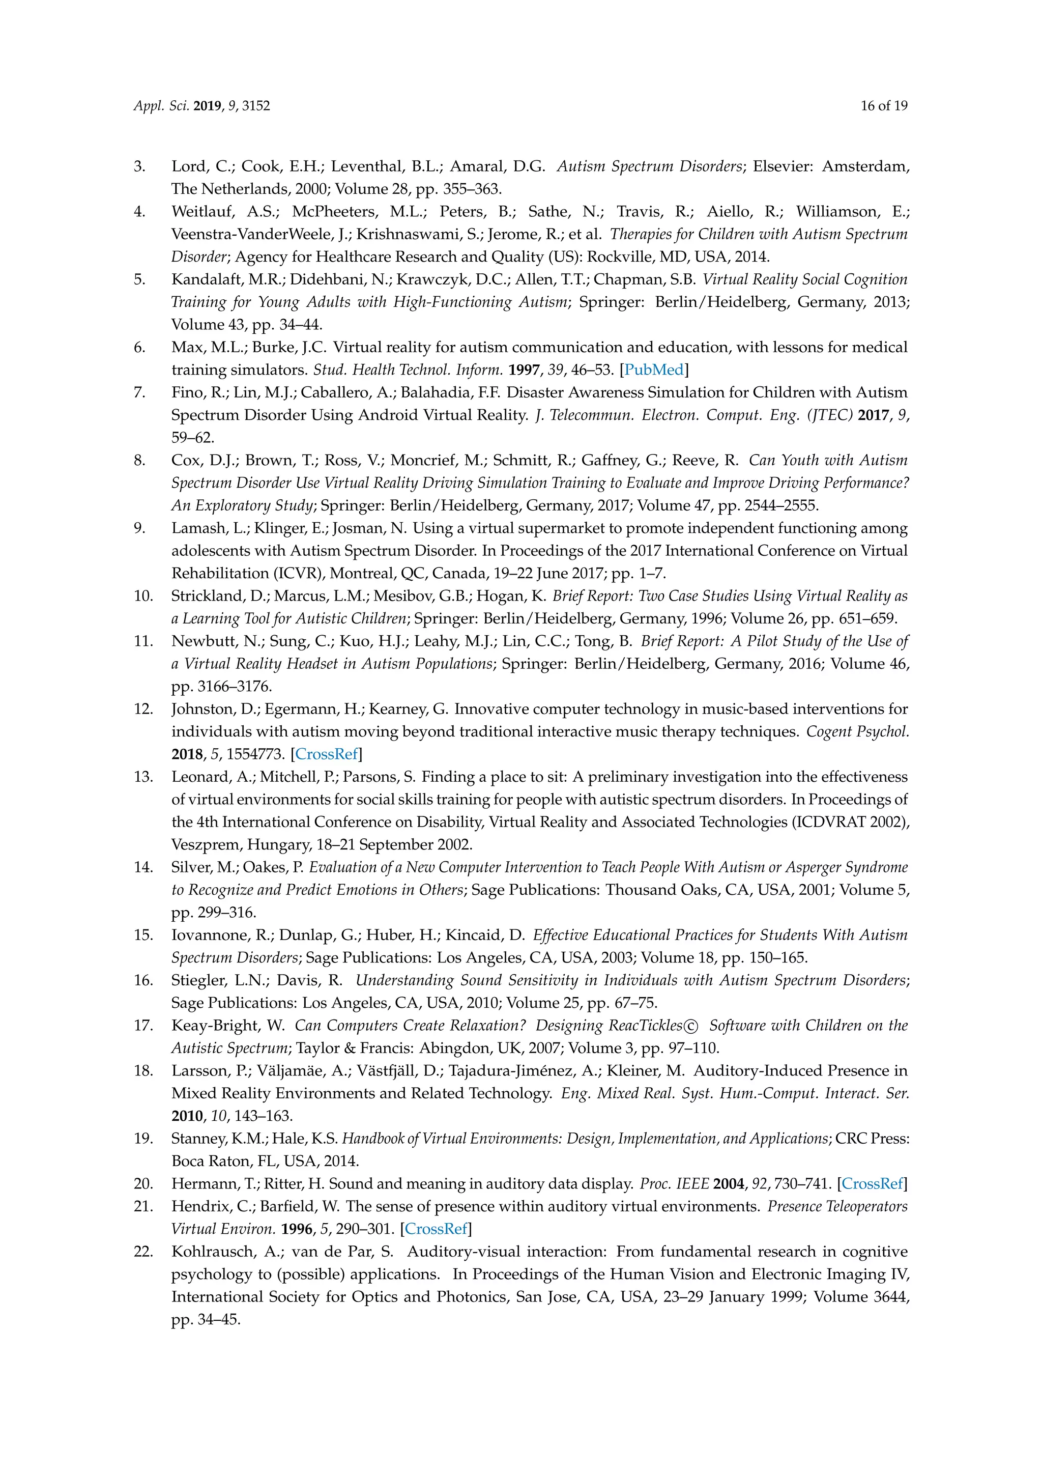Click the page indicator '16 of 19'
click(x=884, y=106)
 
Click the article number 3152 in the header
click(x=256, y=106)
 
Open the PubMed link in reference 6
click(x=654, y=370)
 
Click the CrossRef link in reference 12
click(x=326, y=754)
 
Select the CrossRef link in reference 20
click(x=872, y=1183)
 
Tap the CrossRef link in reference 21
click(x=437, y=1229)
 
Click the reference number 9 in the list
click(x=140, y=528)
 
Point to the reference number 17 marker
click(x=142, y=1025)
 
